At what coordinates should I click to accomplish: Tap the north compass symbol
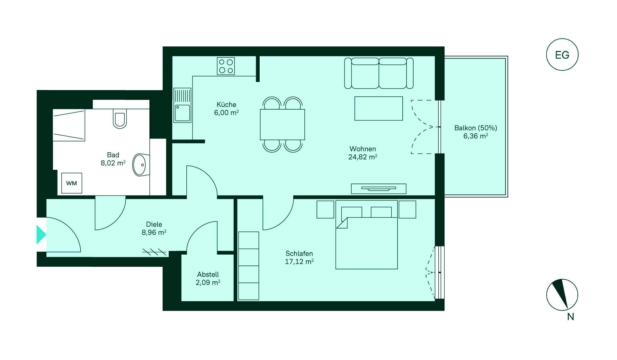[562, 295]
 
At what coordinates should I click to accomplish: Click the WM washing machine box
[72, 183]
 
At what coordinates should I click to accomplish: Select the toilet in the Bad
[120, 118]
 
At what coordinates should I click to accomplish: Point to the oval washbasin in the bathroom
[140, 165]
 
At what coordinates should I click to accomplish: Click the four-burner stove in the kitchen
[226, 66]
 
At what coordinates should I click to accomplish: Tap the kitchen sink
[183, 105]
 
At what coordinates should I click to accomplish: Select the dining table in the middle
[282, 124]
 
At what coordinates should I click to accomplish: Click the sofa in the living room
[379, 73]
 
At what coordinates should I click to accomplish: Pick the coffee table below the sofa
[379, 109]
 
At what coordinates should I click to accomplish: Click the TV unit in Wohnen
[379, 189]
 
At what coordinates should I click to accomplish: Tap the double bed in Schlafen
[367, 235]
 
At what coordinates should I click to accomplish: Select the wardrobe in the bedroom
[249, 266]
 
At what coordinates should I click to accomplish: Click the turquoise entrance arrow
[41, 235]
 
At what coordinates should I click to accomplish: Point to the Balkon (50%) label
[476, 128]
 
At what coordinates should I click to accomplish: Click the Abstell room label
[208, 274]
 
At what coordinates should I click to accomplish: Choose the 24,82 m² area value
[363, 157]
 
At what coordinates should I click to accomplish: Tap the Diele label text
[154, 224]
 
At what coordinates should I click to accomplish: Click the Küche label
[226, 104]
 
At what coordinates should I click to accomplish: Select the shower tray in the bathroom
[69, 125]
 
